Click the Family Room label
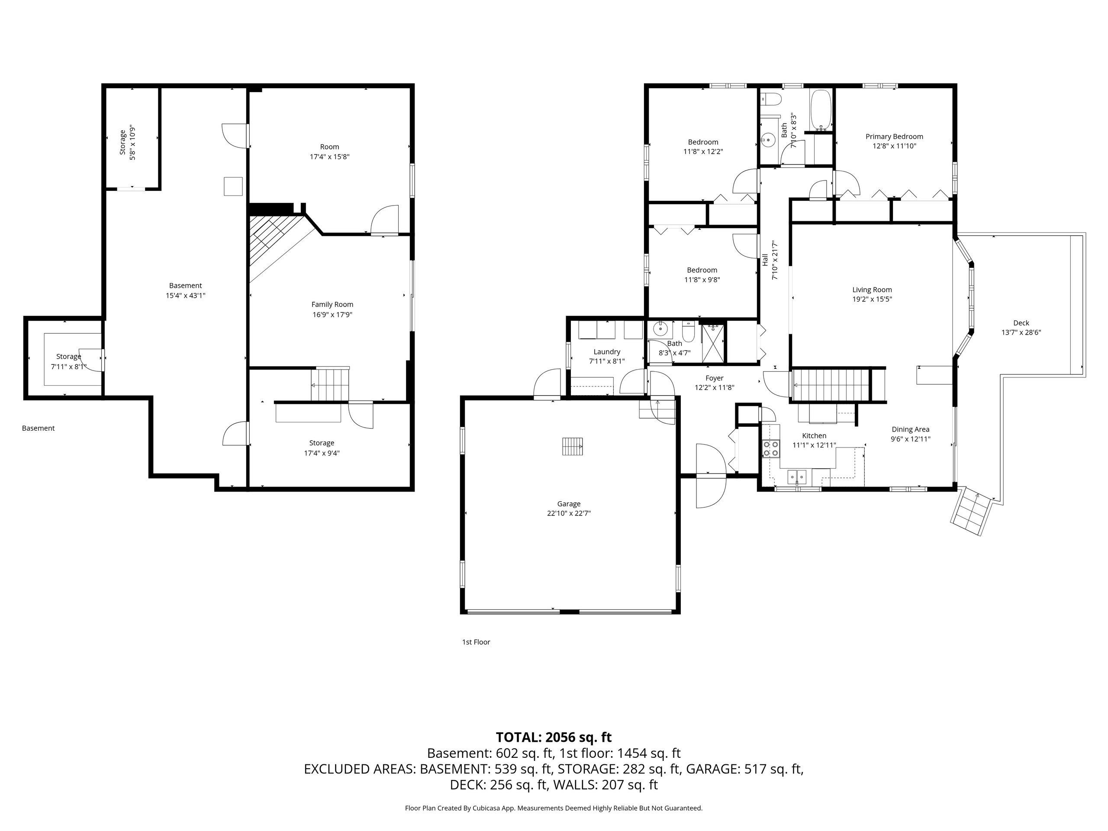point(332,305)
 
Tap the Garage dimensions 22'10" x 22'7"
point(569,513)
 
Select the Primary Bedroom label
point(894,136)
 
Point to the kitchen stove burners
point(771,448)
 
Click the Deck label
point(1021,323)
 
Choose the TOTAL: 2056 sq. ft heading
point(554,738)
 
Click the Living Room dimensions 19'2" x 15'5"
point(872,300)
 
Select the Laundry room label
point(607,351)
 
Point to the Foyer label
point(714,378)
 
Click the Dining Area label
point(910,429)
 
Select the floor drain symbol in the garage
point(573,446)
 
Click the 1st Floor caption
point(476,642)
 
